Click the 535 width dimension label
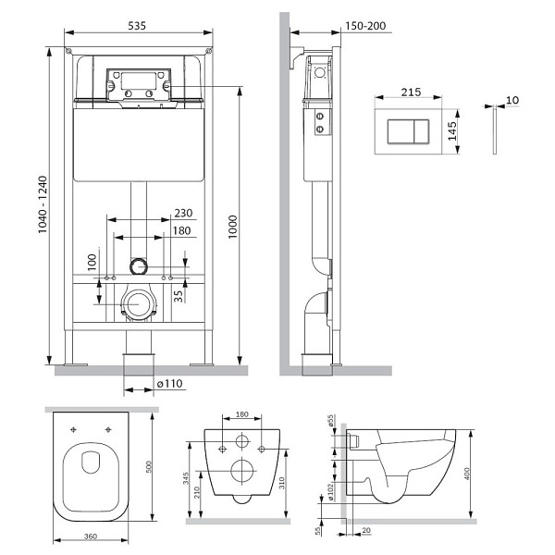pyautogui.click(x=137, y=26)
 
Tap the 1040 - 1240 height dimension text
pyautogui.click(x=43, y=204)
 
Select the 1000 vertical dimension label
pyautogui.click(x=232, y=227)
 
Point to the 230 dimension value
pyautogui.click(x=183, y=213)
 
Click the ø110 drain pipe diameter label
pyautogui.click(x=169, y=383)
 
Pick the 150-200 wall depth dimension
pyautogui.click(x=365, y=26)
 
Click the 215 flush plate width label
pyautogui.click(x=411, y=92)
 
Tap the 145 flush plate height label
pyautogui.click(x=452, y=131)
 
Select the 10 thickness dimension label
pyautogui.click(x=512, y=100)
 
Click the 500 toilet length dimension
pyautogui.click(x=148, y=466)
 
